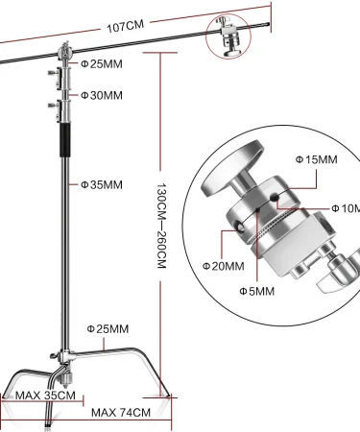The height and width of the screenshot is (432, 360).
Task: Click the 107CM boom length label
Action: (x=125, y=26)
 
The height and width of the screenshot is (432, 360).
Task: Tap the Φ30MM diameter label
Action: (x=102, y=95)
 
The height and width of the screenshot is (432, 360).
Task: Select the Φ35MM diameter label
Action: (x=102, y=184)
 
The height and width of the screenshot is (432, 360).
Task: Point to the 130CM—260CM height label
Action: (x=161, y=226)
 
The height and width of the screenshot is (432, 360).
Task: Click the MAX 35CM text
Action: (x=45, y=396)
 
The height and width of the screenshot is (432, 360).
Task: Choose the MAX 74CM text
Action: (x=121, y=413)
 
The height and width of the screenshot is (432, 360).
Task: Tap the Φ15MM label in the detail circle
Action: (x=316, y=159)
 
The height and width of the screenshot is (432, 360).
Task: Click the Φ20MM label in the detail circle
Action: (x=224, y=266)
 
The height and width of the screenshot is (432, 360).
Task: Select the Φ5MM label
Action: (x=257, y=291)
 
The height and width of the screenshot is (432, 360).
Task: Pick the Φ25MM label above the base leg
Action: (x=108, y=328)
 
